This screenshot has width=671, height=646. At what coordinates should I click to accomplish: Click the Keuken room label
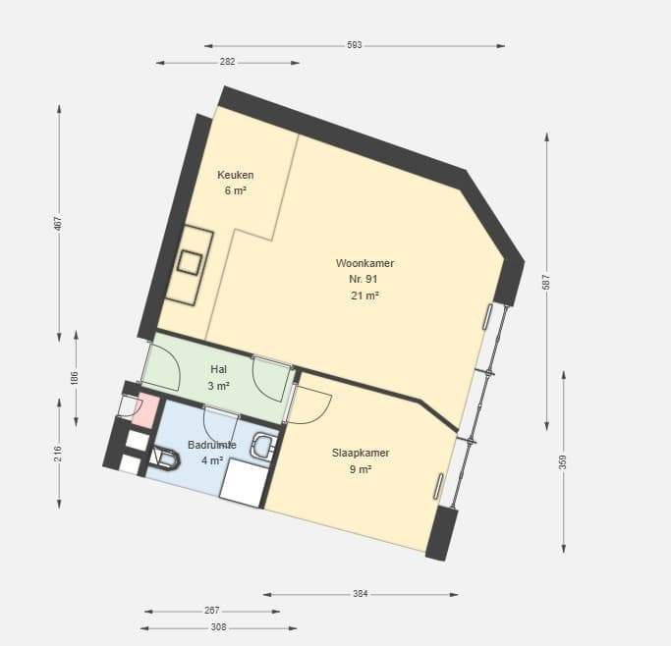pyautogui.click(x=236, y=175)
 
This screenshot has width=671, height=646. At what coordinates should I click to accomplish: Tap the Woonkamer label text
pyautogui.click(x=364, y=263)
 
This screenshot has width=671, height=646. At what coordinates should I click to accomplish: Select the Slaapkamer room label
pyautogui.click(x=361, y=453)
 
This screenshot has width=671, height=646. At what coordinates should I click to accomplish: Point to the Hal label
pyautogui.click(x=219, y=369)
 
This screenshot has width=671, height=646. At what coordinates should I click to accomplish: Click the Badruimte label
pyautogui.click(x=212, y=445)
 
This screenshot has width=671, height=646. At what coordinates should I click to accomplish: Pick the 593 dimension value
pyautogui.click(x=355, y=45)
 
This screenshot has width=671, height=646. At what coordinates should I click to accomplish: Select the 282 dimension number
pyautogui.click(x=228, y=62)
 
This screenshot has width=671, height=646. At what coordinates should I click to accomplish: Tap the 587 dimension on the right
pyautogui.click(x=546, y=282)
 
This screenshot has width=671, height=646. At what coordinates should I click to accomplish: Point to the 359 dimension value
pyautogui.click(x=563, y=462)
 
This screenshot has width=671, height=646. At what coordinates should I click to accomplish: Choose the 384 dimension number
pyautogui.click(x=361, y=593)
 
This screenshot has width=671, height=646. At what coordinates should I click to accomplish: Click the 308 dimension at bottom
pyautogui.click(x=218, y=627)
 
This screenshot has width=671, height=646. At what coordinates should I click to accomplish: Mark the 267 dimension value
pyautogui.click(x=212, y=611)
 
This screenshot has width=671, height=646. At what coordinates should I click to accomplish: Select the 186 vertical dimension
pyautogui.click(x=75, y=378)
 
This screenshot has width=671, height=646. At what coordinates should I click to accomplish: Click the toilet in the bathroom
pyautogui.click(x=165, y=458)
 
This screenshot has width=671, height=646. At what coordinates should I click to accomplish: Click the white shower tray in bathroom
pyautogui.click(x=244, y=483)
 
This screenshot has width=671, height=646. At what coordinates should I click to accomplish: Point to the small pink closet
pyautogui.click(x=146, y=409)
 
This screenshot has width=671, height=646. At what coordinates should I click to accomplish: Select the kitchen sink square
pyautogui.click(x=190, y=262)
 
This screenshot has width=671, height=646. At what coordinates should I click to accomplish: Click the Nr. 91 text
pyautogui.click(x=363, y=279)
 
